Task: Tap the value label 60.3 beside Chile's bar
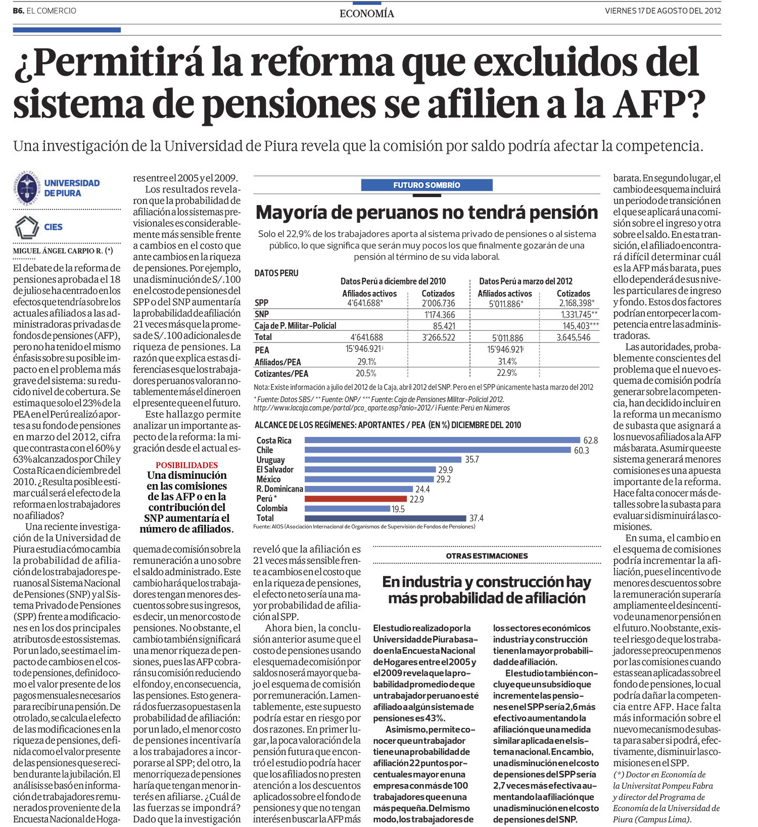(x=581, y=450)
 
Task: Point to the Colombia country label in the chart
(x=272, y=508)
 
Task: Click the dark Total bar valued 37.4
(x=385, y=518)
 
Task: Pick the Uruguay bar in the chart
(x=383, y=460)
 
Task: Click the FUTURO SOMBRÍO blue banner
(x=427, y=185)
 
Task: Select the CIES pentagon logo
(x=26, y=227)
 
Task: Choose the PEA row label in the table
(x=262, y=350)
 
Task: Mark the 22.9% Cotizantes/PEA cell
(x=507, y=373)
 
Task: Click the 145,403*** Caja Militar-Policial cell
(x=580, y=326)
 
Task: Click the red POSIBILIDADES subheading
(x=186, y=465)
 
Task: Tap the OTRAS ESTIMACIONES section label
(x=487, y=556)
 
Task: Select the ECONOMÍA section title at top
(x=367, y=14)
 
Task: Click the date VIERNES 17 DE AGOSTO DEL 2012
(x=662, y=11)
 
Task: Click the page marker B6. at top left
(x=18, y=11)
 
